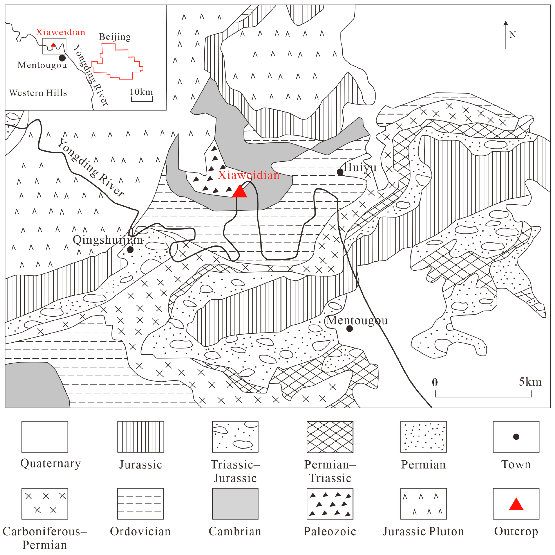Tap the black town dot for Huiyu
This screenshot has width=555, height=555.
[340, 172]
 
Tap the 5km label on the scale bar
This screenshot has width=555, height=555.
[530, 382]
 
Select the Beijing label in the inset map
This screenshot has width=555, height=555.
[115, 37]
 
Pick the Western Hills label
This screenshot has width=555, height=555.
[38, 93]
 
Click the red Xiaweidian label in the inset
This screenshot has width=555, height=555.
[60, 32]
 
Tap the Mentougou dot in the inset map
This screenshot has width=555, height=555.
[62, 58]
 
